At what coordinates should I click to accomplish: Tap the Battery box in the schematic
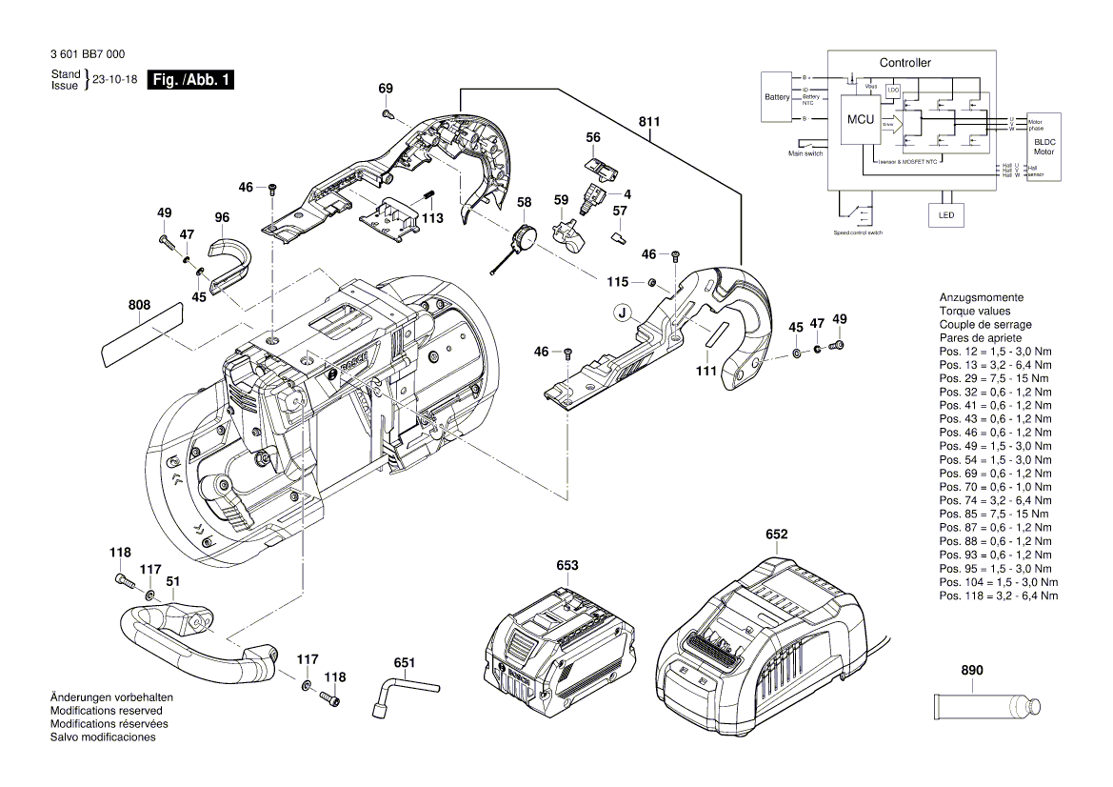click(x=777, y=97)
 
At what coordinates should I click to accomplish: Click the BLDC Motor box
click(x=1044, y=146)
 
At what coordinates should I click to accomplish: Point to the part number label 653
click(x=567, y=565)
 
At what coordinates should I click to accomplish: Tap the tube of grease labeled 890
click(x=984, y=708)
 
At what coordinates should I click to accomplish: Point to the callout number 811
click(x=649, y=121)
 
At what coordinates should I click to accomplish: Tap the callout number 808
click(x=139, y=306)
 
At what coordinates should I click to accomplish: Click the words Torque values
click(x=975, y=311)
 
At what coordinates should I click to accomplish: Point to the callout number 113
click(x=433, y=217)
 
